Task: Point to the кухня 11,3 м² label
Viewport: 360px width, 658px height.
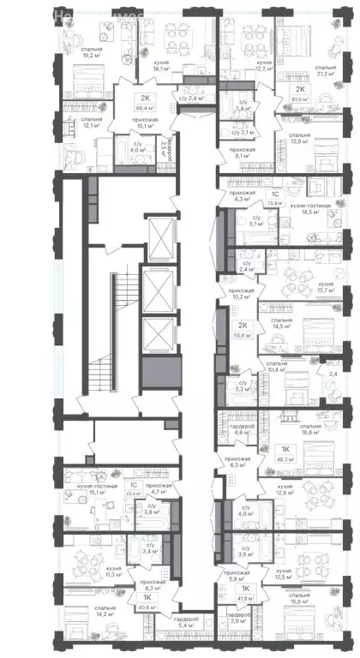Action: tap(91, 571)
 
